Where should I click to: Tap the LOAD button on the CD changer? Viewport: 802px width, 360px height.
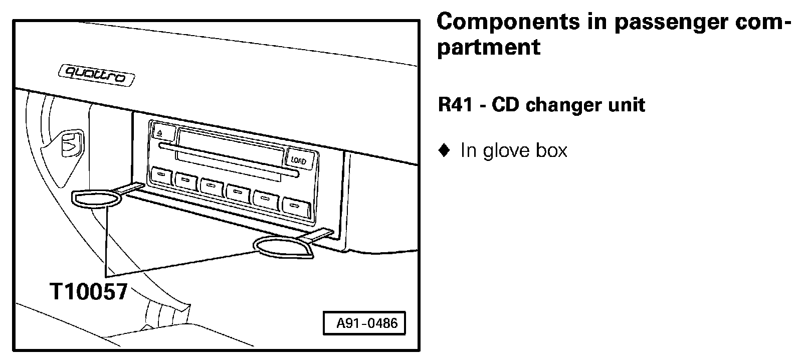299,160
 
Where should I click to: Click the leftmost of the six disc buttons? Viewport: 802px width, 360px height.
161,175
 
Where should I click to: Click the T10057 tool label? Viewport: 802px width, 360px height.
88,291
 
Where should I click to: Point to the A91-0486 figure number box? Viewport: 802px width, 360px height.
366,323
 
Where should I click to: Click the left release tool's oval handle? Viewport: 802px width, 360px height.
97,199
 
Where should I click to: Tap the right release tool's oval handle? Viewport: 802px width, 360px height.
282,248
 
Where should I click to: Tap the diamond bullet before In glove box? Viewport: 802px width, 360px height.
443,150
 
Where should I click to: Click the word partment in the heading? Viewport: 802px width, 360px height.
489,47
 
